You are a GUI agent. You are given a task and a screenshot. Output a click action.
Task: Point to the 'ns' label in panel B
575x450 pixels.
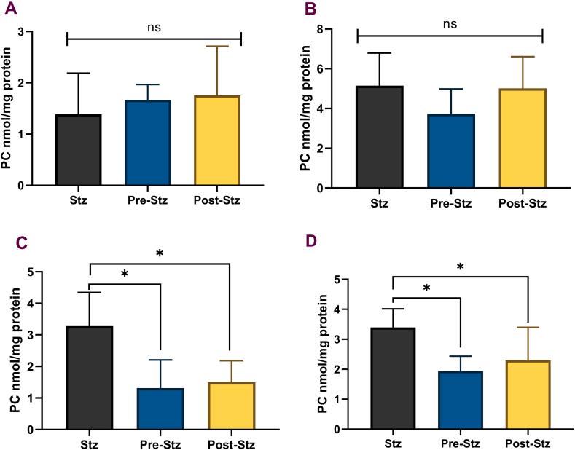click(450, 24)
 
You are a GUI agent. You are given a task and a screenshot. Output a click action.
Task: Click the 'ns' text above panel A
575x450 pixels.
click(154, 27)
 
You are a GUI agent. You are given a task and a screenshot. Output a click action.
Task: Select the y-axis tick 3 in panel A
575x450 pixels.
click(32, 32)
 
